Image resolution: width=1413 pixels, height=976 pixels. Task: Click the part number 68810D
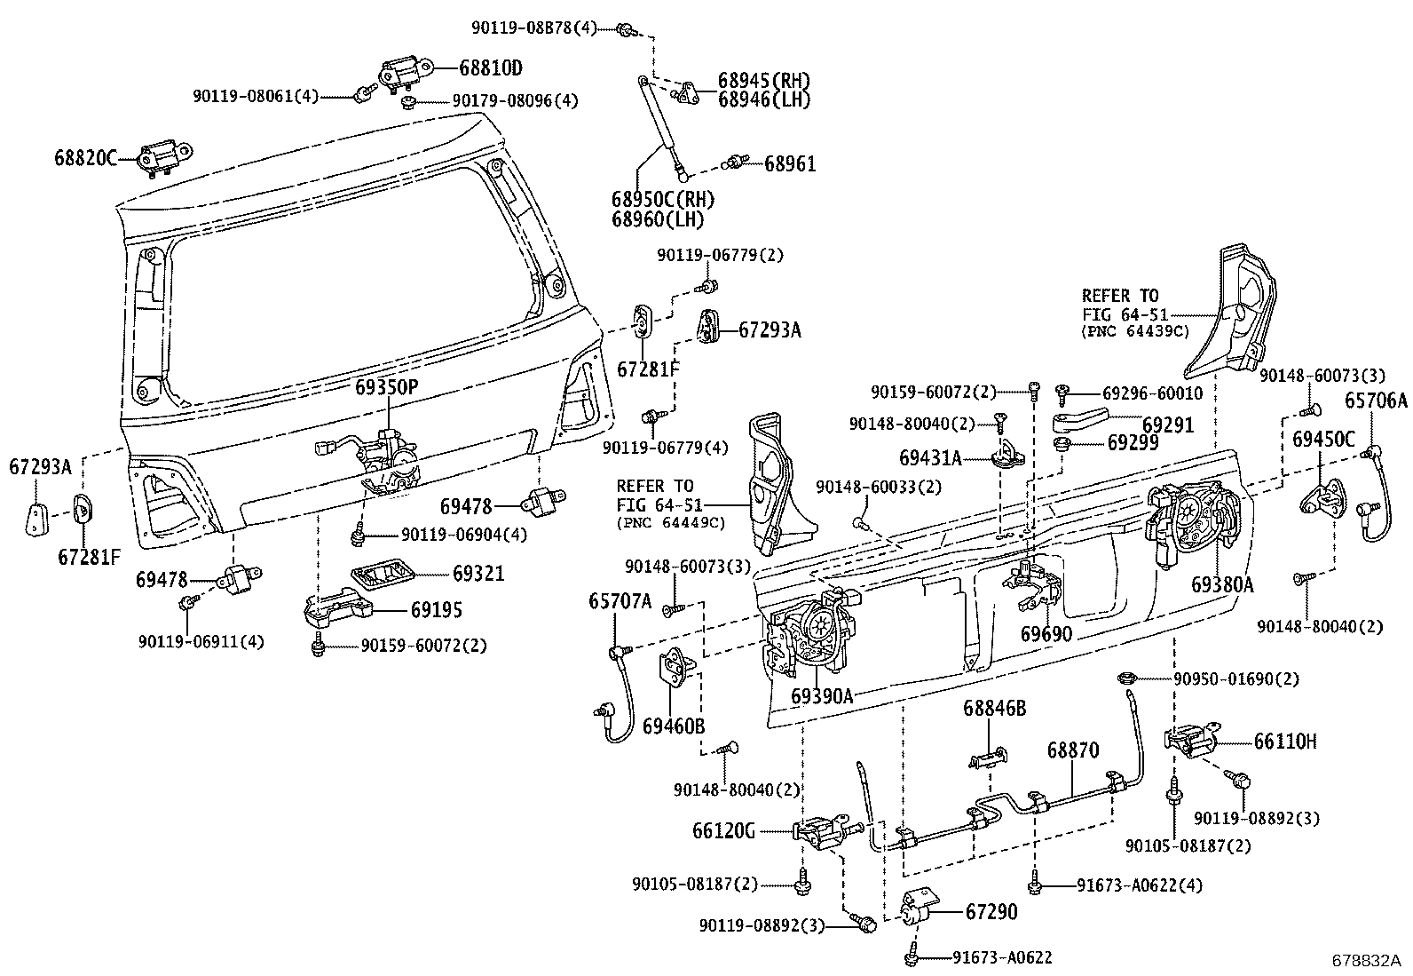[x=491, y=67]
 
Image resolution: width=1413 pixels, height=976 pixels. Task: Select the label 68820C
[x=85, y=158]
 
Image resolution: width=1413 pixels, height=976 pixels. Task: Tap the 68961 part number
[x=790, y=163]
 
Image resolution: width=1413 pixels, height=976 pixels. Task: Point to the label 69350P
[x=386, y=387]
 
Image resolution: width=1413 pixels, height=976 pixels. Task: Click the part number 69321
[x=478, y=574]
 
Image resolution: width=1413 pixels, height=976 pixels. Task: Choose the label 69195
[x=436, y=610]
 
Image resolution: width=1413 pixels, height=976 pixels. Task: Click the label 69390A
[x=822, y=695]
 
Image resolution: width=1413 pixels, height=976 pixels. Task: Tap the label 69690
[x=1046, y=634]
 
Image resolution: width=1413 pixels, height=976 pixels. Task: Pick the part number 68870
[x=1072, y=750]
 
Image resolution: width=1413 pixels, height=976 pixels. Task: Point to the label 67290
[x=991, y=912]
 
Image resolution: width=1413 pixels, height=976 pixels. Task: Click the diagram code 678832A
[x=1365, y=960]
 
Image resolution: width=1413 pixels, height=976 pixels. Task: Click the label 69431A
[x=930, y=458]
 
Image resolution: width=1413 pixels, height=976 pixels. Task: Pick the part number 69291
[x=1168, y=425]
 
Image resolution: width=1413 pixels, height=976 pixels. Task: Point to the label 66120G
[x=723, y=831]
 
